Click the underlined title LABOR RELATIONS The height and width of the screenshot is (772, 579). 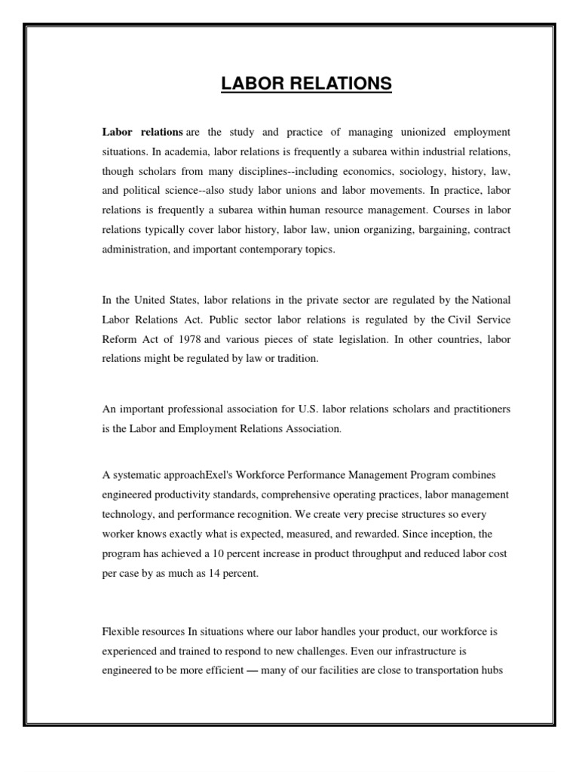point(306,83)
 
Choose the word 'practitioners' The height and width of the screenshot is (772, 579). point(476,409)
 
